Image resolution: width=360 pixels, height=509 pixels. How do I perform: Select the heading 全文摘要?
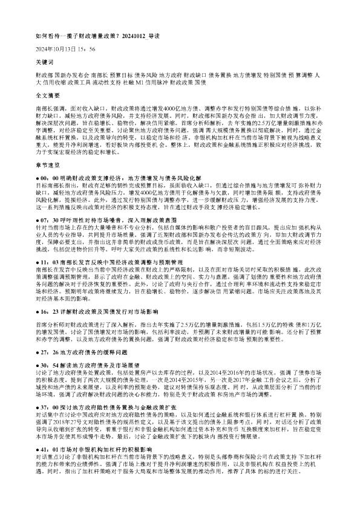coord(47,96)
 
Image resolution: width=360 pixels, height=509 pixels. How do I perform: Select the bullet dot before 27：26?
coord(37,351)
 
